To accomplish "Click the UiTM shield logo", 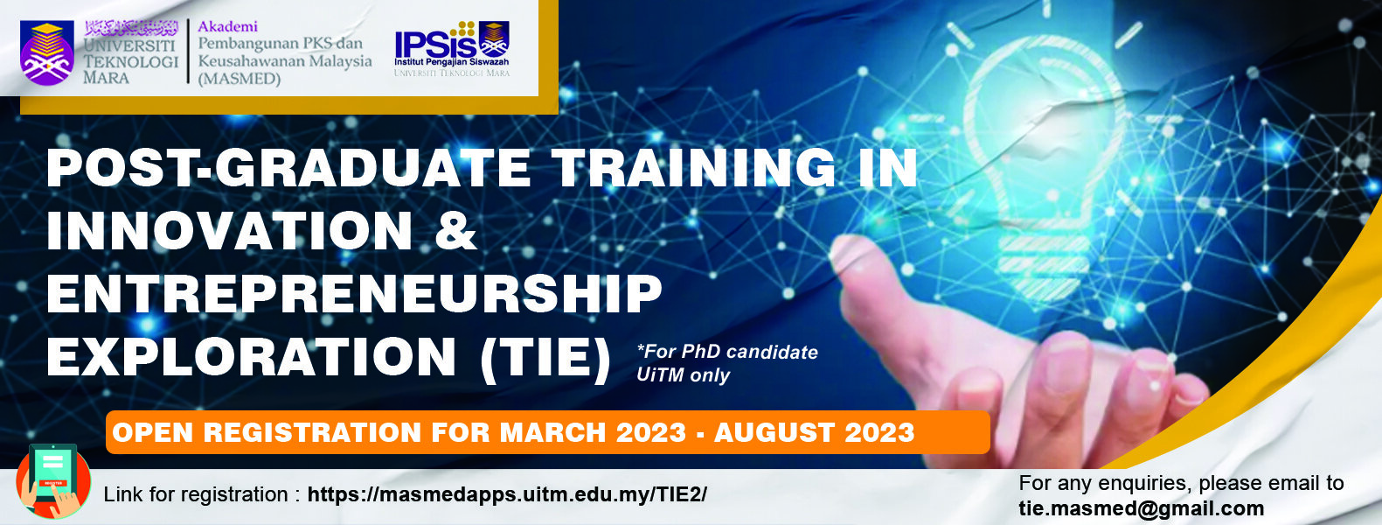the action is pos(47,53).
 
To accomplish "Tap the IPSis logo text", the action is pos(435,43).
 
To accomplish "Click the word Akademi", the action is pos(227,26).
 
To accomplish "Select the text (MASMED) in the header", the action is pos(240,79).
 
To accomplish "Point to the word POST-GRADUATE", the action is pos(288,167).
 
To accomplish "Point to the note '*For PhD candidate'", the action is pos(727,352).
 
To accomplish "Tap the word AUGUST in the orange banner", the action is pos(774,432).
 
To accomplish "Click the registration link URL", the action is pos(507,494).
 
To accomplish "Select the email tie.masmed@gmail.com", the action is pos(1142,508).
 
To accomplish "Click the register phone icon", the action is pos(53,480).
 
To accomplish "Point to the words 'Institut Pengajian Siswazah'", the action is pos(452,62).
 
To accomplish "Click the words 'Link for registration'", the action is pos(196,494).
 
